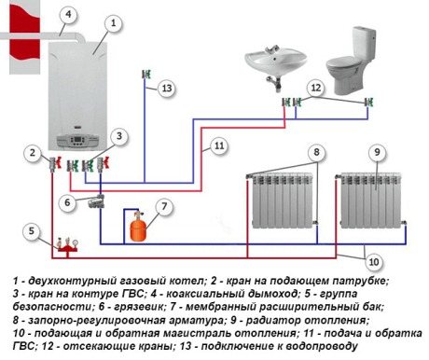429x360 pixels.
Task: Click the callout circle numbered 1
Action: click(112, 21)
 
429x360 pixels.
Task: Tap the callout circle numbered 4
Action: click(67, 14)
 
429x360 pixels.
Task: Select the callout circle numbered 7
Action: click(164, 205)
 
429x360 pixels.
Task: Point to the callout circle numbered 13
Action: click(165, 88)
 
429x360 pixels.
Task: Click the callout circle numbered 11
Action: click(217, 146)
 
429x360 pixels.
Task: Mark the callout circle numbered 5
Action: click(32, 230)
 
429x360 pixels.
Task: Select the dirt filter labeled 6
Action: click(95, 211)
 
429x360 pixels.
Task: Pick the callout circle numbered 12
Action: click(316, 87)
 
